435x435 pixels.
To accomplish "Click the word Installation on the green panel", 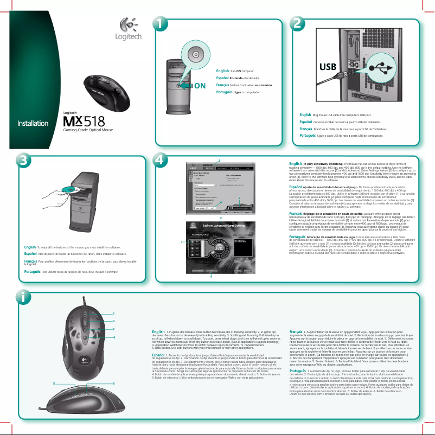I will pos(33,123).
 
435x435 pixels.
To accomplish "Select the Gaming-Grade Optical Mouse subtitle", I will pos(88,131).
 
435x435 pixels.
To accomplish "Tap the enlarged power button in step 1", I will pos(195,55).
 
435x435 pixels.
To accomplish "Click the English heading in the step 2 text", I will pos(305,115).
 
